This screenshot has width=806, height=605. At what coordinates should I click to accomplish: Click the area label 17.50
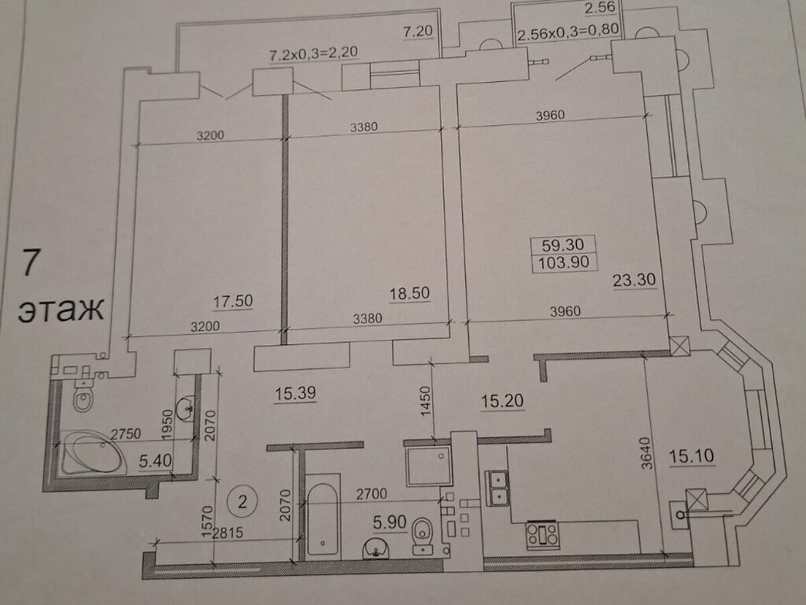(233, 301)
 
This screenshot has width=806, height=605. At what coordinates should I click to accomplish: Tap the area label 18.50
(409, 293)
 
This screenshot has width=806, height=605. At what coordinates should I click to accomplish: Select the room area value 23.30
(634, 280)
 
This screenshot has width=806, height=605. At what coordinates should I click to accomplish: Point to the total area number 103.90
(564, 262)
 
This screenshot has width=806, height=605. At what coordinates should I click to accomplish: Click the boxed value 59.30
(563, 245)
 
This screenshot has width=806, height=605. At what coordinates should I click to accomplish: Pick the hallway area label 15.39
(295, 393)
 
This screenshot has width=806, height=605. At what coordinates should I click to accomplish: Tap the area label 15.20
(502, 401)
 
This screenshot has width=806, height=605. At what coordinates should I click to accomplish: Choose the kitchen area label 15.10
(692, 456)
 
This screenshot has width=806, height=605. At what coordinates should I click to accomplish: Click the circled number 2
(242, 502)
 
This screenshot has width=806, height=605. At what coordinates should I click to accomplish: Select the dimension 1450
(425, 401)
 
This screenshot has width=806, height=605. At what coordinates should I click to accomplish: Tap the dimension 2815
(227, 533)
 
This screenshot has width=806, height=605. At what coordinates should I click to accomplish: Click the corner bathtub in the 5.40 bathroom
(94, 453)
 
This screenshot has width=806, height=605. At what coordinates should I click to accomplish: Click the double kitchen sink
(497, 488)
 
